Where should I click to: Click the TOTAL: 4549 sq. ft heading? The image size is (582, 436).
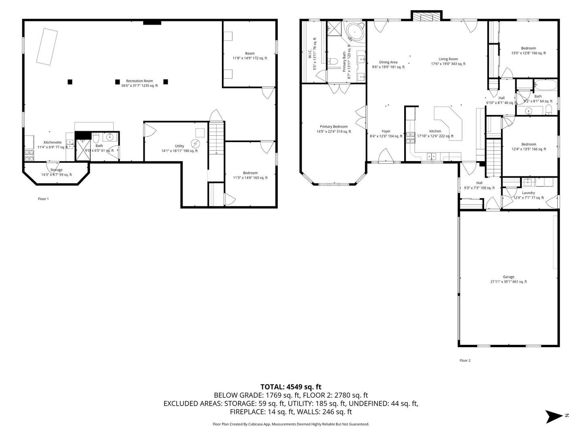coord(291,387)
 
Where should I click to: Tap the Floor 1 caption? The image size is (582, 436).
coord(43,199)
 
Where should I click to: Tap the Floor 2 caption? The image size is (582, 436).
coord(465,361)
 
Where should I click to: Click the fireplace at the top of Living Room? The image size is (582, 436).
coord(426,16)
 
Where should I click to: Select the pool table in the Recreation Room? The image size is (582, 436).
coord(46,46)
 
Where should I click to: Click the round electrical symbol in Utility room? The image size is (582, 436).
coord(195,143)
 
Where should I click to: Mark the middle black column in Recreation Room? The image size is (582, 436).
coord(118,82)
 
